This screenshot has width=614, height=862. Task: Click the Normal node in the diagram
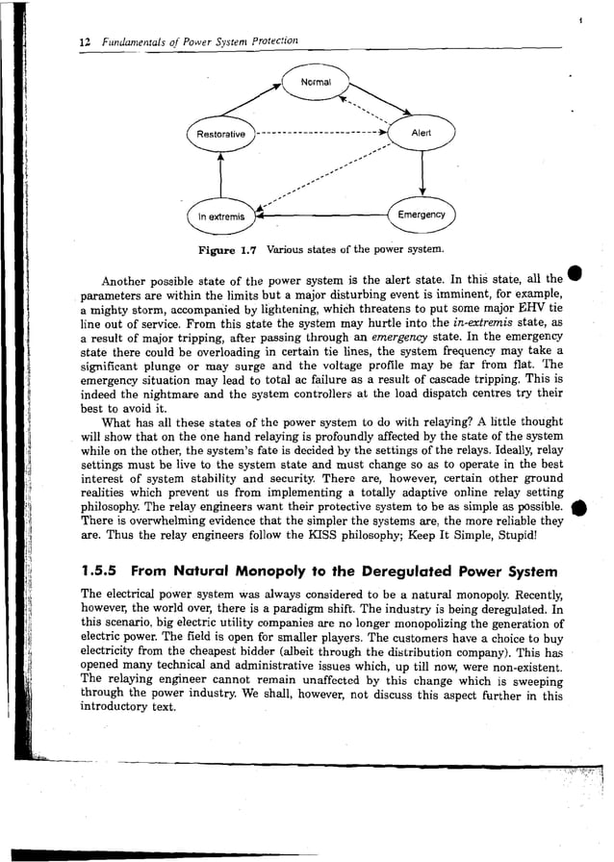pyautogui.click(x=317, y=83)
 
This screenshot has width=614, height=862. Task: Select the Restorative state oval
pyautogui.click(x=220, y=134)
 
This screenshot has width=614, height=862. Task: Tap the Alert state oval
pyautogui.click(x=421, y=134)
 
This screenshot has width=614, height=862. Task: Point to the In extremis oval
pyautogui.click(x=220, y=216)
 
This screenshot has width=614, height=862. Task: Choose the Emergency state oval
pyautogui.click(x=421, y=215)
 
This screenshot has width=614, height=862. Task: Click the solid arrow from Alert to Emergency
pyautogui.click(x=422, y=174)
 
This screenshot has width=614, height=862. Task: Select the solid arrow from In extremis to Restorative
pyautogui.click(x=220, y=176)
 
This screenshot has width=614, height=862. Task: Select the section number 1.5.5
pyautogui.click(x=100, y=569)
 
